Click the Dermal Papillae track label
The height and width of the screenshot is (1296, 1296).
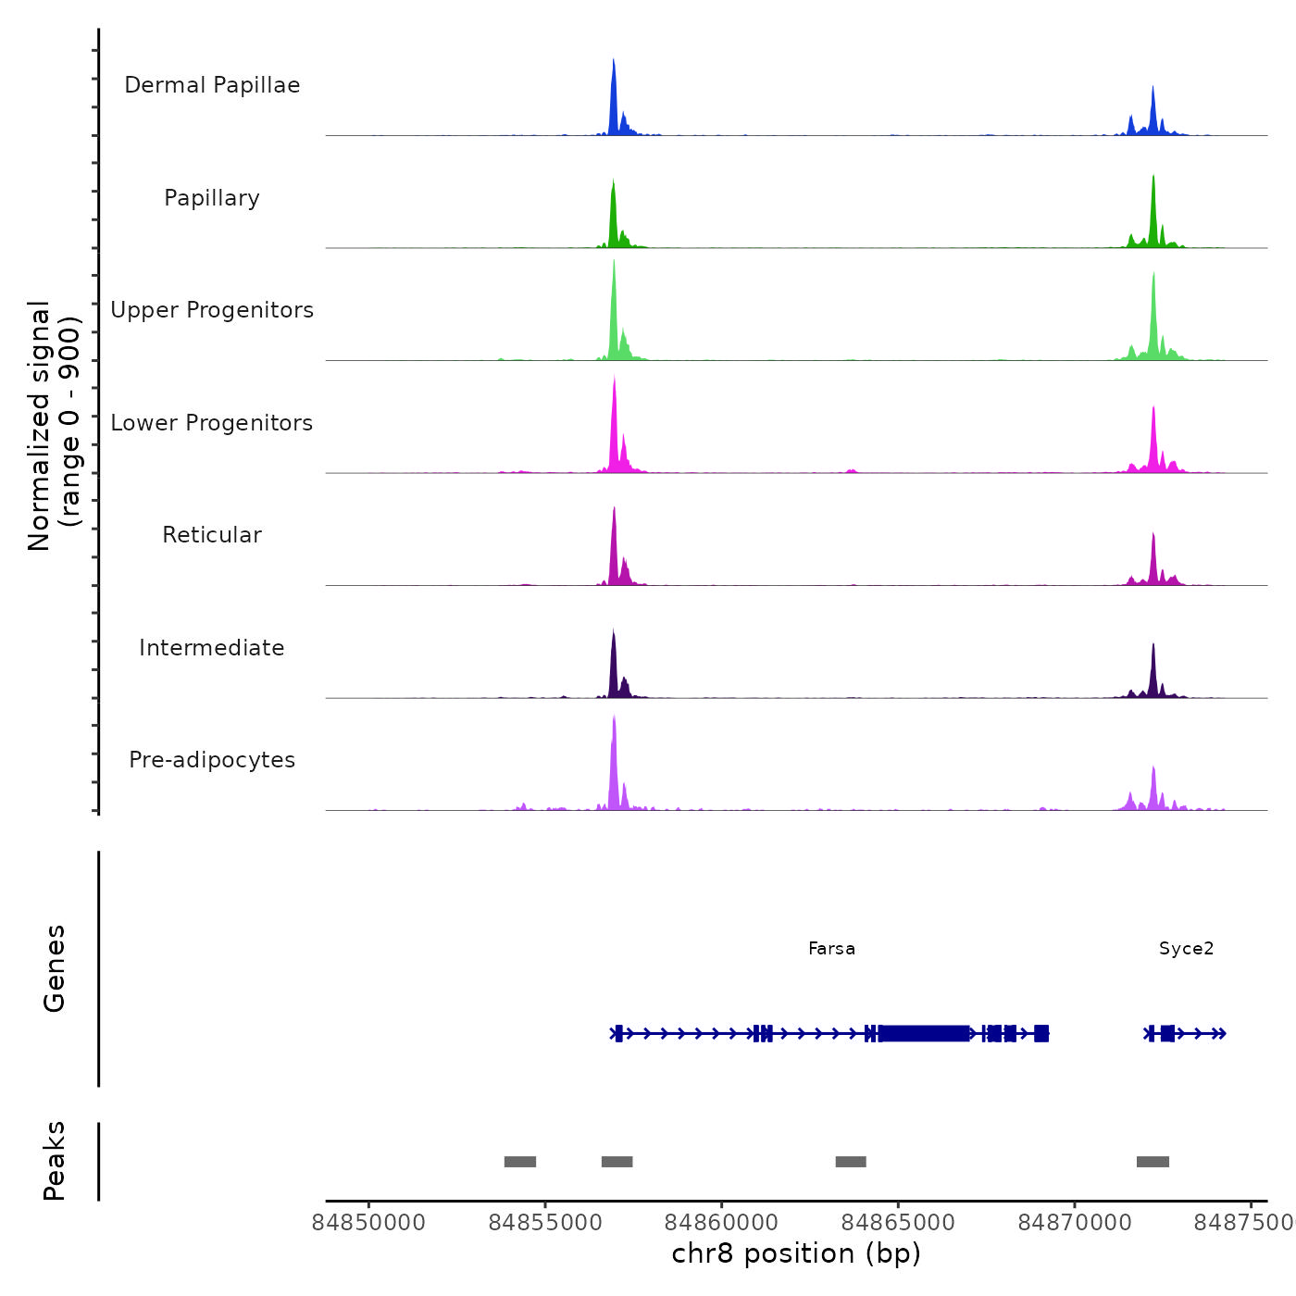(x=212, y=85)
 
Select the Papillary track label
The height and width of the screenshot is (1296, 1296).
(x=212, y=198)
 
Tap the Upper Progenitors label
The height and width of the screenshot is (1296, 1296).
(x=212, y=310)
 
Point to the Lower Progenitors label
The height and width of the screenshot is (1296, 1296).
(x=212, y=423)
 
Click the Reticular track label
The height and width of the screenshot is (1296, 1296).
(x=212, y=535)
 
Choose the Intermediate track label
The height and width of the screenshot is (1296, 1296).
(x=212, y=648)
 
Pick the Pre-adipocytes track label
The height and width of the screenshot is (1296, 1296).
(x=212, y=760)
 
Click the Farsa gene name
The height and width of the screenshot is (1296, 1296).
(x=831, y=949)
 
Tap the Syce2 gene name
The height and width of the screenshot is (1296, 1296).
(x=1186, y=949)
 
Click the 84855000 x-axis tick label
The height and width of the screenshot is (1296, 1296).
(x=545, y=1223)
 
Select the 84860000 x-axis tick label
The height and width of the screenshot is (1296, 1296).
(x=722, y=1223)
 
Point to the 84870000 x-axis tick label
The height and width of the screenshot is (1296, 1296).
(x=1075, y=1223)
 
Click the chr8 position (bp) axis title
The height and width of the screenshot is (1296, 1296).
(x=796, y=1253)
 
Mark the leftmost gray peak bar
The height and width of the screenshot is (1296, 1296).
(x=520, y=1162)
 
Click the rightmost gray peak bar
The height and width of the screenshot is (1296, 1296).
(x=1153, y=1162)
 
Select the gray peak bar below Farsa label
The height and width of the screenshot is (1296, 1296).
(x=851, y=1162)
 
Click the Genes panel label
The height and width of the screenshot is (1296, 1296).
(x=55, y=968)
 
